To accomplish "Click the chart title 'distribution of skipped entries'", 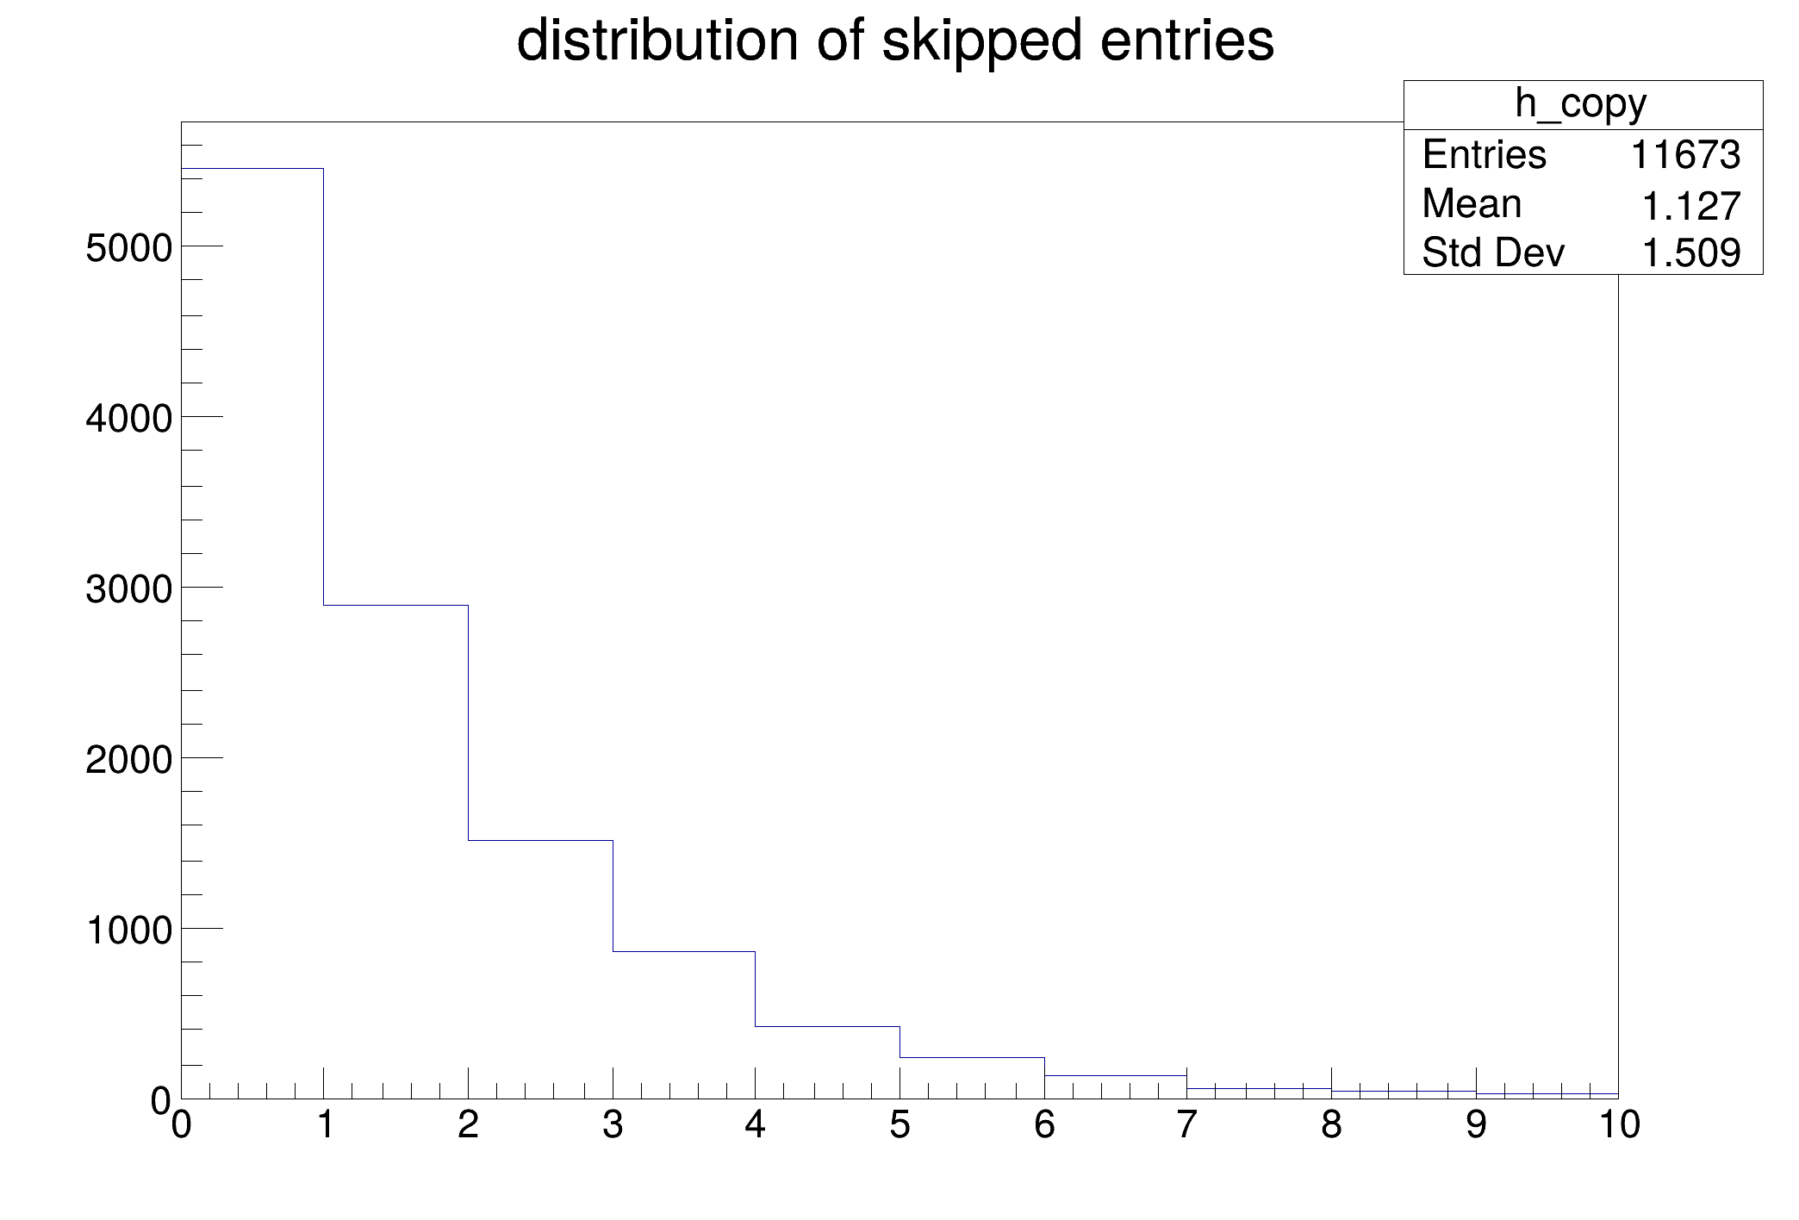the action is (895, 41).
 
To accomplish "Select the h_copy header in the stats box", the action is (1581, 104).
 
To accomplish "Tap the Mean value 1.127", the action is (1692, 206).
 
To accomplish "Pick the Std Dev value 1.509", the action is (1692, 252).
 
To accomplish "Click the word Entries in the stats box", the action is (1485, 155).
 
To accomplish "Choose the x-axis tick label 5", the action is (899, 1125).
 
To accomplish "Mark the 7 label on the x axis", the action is (1187, 1125).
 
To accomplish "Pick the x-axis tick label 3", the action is (613, 1125).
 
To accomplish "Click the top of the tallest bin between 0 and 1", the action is (252, 169).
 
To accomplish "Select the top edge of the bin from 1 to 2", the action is (395, 606).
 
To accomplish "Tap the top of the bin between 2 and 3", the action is (540, 840).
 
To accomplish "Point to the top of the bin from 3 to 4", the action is (684, 951).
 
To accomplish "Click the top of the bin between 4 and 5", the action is (827, 1026).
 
